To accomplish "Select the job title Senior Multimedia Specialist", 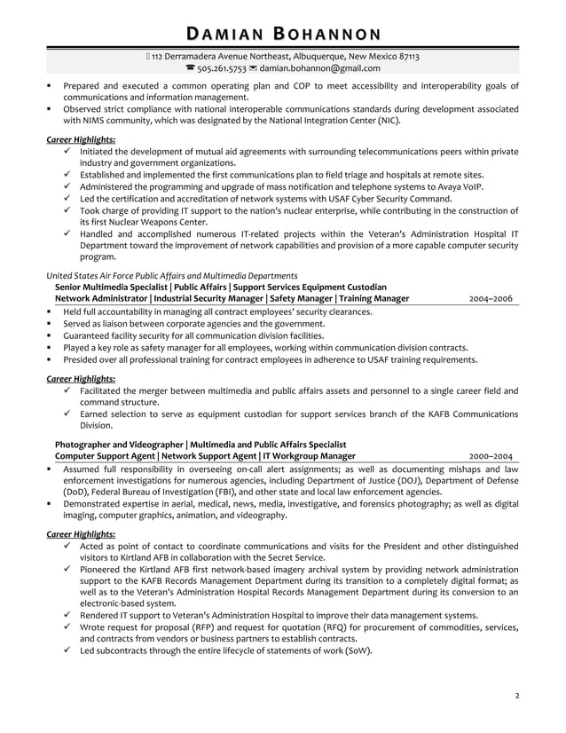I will (111, 288).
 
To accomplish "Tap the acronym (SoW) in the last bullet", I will (356, 650).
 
